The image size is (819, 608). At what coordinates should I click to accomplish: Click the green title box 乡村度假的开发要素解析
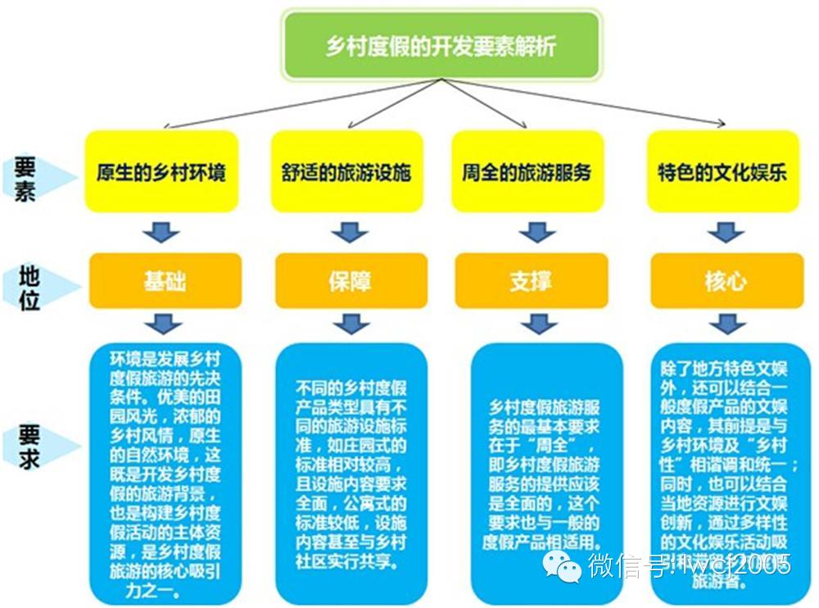[441, 45]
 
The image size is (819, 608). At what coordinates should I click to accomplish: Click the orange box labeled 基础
[165, 280]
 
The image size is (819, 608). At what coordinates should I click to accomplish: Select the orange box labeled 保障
[351, 281]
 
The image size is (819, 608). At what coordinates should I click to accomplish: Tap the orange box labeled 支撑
[531, 281]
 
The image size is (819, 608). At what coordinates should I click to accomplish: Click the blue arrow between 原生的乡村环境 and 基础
[161, 232]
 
